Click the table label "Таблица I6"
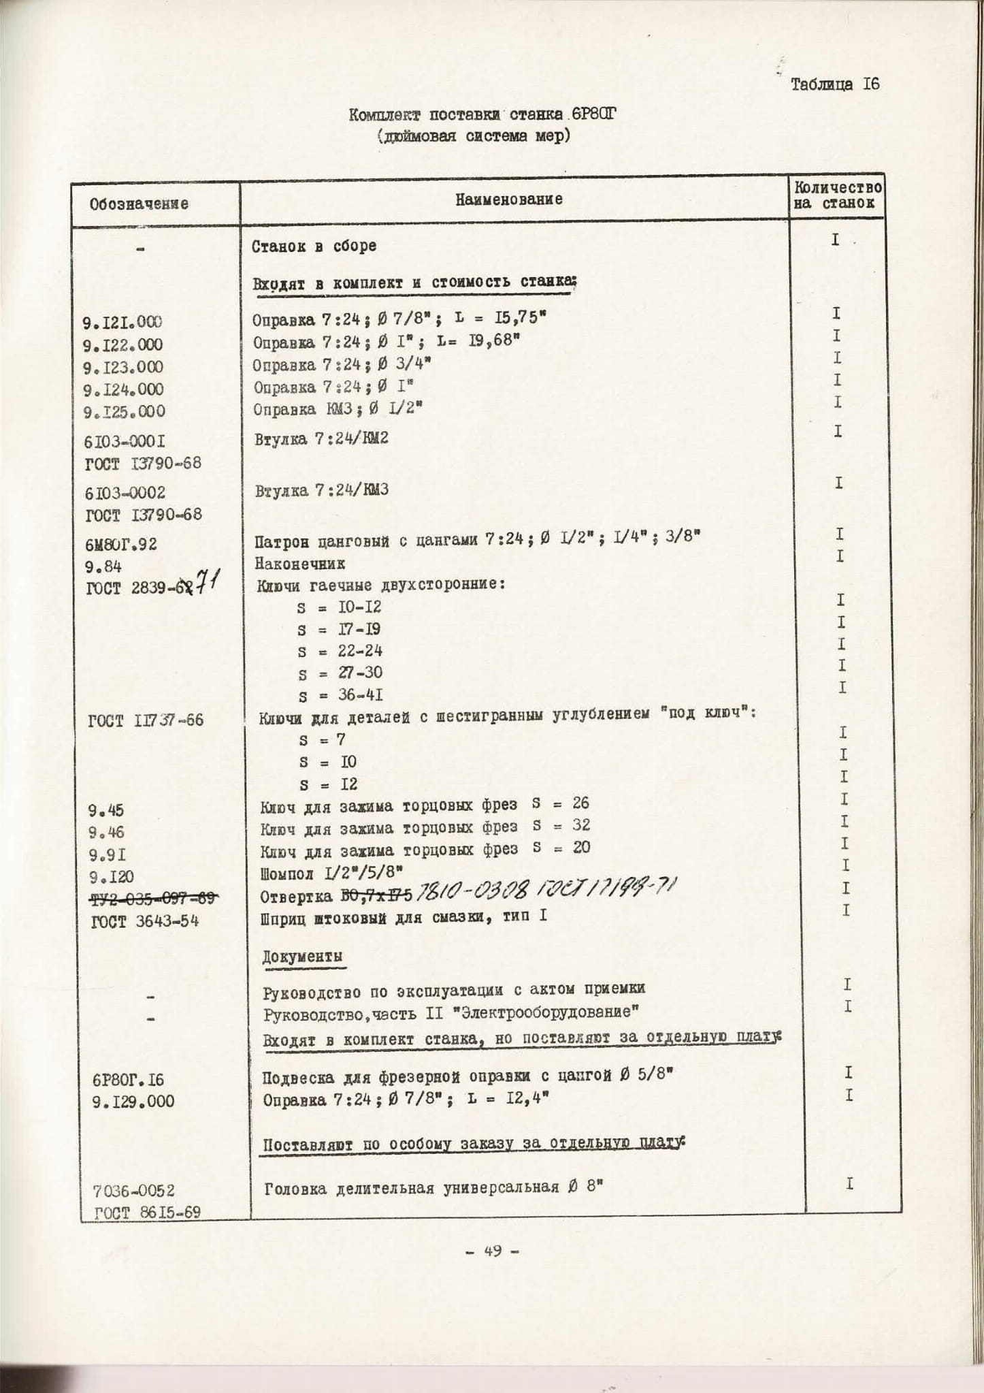tap(835, 84)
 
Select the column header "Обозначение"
tap(139, 204)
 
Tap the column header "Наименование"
tap(509, 199)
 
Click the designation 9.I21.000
tap(122, 322)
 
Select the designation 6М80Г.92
tap(122, 544)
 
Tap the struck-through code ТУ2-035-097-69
tap(153, 899)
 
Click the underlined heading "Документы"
tap(303, 956)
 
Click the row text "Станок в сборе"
tap(314, 246)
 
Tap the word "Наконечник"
tap(300, 564)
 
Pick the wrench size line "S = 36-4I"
tap(340, 695)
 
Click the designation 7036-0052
tap(134, 1191)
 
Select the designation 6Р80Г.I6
tap(128, 1080)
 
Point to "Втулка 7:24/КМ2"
tap(321, 439)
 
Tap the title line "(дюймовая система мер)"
tap(474, 136)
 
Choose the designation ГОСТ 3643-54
tap(144, 923)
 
